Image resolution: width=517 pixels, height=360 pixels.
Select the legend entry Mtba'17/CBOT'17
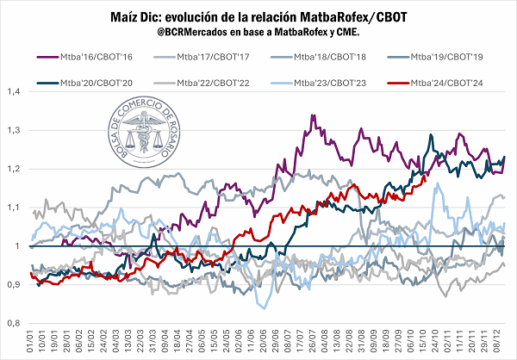tap(206, 57)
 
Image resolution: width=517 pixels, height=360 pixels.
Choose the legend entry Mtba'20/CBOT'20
tap(94, 83)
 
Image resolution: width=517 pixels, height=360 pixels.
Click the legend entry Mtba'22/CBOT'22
tap(207, 83)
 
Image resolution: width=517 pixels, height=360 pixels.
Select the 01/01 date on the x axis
tap(30, 342)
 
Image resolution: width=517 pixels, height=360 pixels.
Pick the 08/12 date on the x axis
tap(501, 342)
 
